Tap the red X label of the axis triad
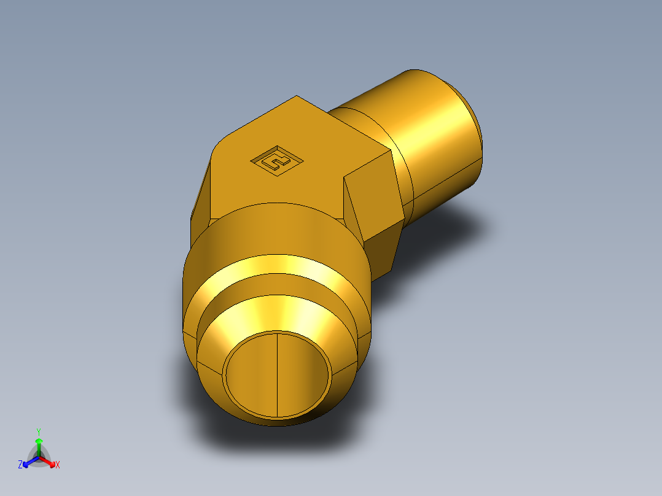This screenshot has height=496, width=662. [58, 465]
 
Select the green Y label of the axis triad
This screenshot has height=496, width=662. [38, 432]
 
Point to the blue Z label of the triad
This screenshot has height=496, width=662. [20, 465]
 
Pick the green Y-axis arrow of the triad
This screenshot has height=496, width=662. [38, 443]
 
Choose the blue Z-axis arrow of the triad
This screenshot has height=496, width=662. [27, 463]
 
